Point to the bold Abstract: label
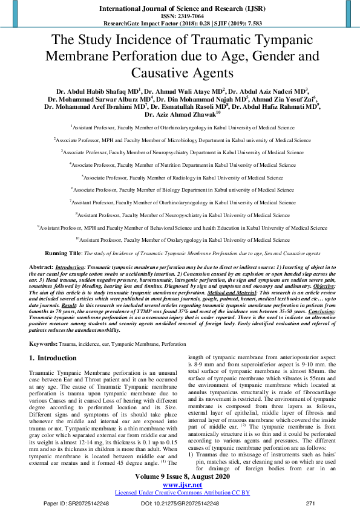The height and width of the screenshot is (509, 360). pos(41,267)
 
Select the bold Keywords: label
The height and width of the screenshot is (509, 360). pos(44,343)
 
